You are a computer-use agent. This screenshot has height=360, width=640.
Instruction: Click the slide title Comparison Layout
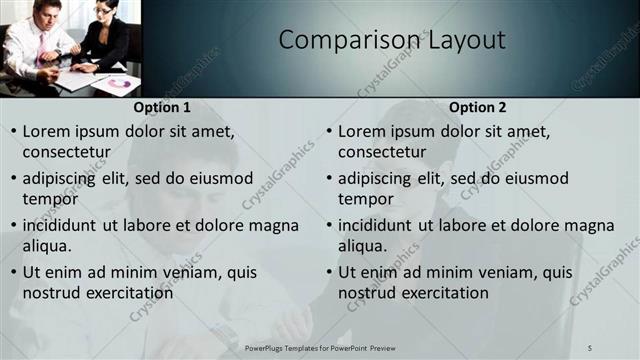391,40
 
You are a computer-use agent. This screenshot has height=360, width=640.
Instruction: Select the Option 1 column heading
161,107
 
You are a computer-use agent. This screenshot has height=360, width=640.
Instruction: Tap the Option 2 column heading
478,107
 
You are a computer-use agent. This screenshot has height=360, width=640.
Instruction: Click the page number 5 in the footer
591,348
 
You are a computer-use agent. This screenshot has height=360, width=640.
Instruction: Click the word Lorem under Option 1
47,131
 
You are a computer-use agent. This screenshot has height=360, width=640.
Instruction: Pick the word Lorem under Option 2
363,131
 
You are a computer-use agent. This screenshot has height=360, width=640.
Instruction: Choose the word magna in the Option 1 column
272,225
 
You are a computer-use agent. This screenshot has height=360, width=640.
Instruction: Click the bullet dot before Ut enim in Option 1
13,273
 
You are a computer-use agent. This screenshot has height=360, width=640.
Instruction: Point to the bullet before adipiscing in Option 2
329,179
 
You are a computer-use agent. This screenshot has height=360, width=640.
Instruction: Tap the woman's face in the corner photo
103,13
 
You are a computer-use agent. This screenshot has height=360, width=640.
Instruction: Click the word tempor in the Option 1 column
50,199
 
